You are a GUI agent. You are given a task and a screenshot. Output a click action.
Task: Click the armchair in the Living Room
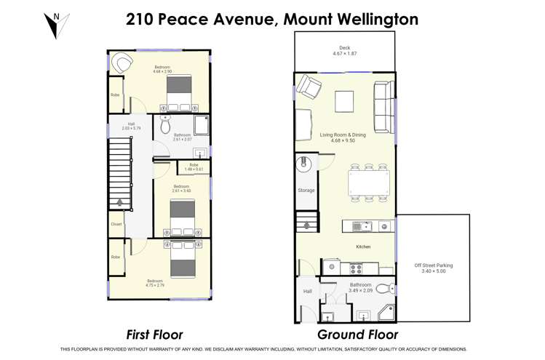point(309,89)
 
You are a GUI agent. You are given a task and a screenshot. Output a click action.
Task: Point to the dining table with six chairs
point(368,183)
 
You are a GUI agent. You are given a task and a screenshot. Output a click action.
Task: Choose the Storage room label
point(306,191)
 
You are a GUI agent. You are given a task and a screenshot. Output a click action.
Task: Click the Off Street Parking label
point(433,268)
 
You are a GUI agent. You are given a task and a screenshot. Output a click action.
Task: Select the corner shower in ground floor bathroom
point(386,313)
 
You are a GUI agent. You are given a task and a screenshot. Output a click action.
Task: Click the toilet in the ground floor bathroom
point(384,289)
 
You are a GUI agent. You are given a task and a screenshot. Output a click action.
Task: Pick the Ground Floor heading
point(357,335)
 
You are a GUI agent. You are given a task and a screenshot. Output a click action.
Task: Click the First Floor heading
point(154,335)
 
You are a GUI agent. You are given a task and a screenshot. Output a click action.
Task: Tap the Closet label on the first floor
point(116,224)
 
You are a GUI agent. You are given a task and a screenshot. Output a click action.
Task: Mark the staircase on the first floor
point(119,174)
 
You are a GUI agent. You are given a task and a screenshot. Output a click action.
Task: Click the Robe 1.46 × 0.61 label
point(194,167)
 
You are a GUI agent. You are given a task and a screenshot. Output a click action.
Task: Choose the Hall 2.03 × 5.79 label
point(131,126)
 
